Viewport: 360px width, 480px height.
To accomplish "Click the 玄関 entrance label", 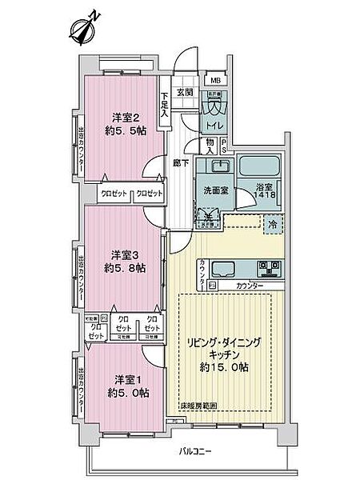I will point(185,92).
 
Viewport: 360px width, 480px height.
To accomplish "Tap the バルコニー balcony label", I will point(194,452).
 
